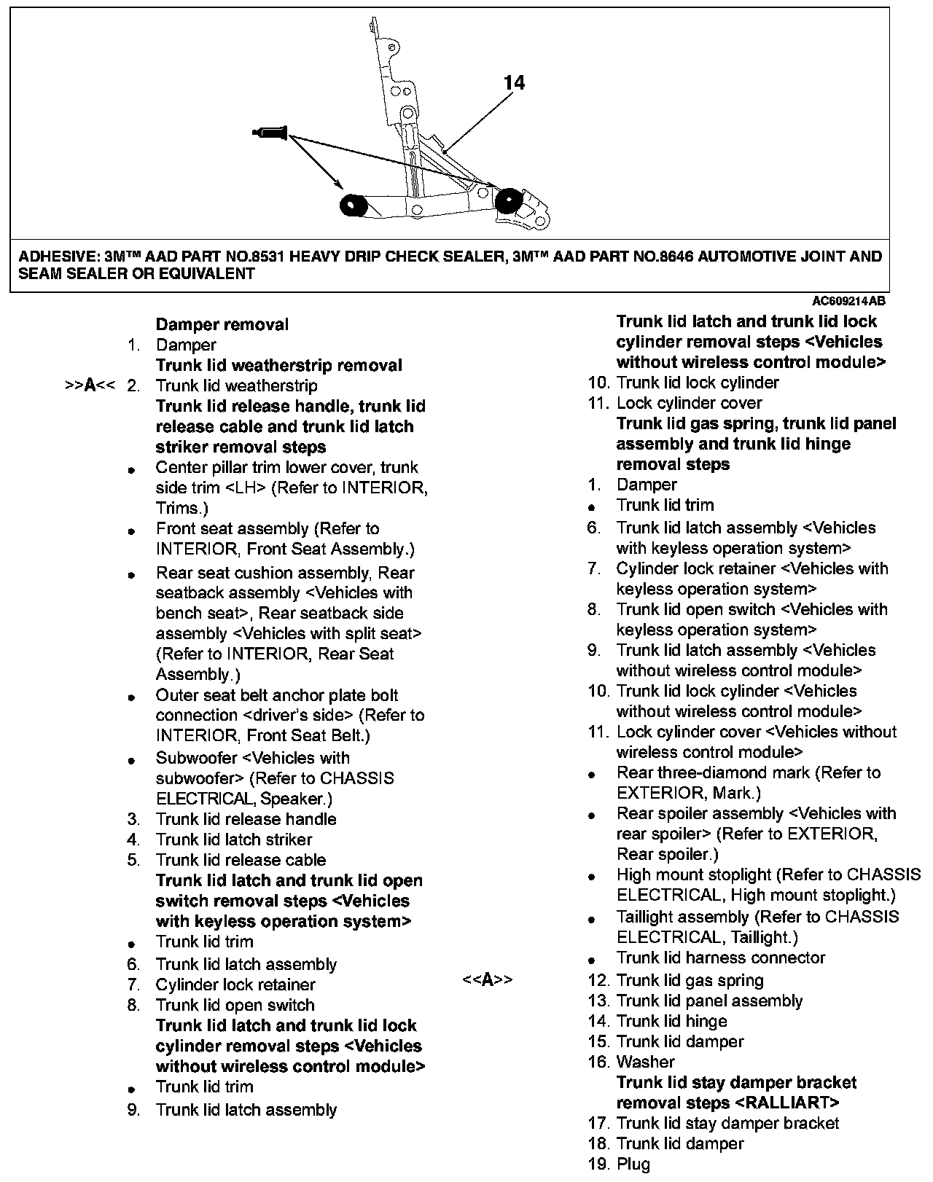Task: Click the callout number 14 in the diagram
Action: pyautogui.click(x=514, y=83)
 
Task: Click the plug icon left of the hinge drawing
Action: pyautogui.click(x=270, y=133)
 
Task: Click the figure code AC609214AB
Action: pyautogui.click(x=849, y=301)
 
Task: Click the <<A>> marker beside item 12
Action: pyautogui.click(x=487, y=980)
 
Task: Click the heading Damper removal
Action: pyautogui.click(x=222, y=324)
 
